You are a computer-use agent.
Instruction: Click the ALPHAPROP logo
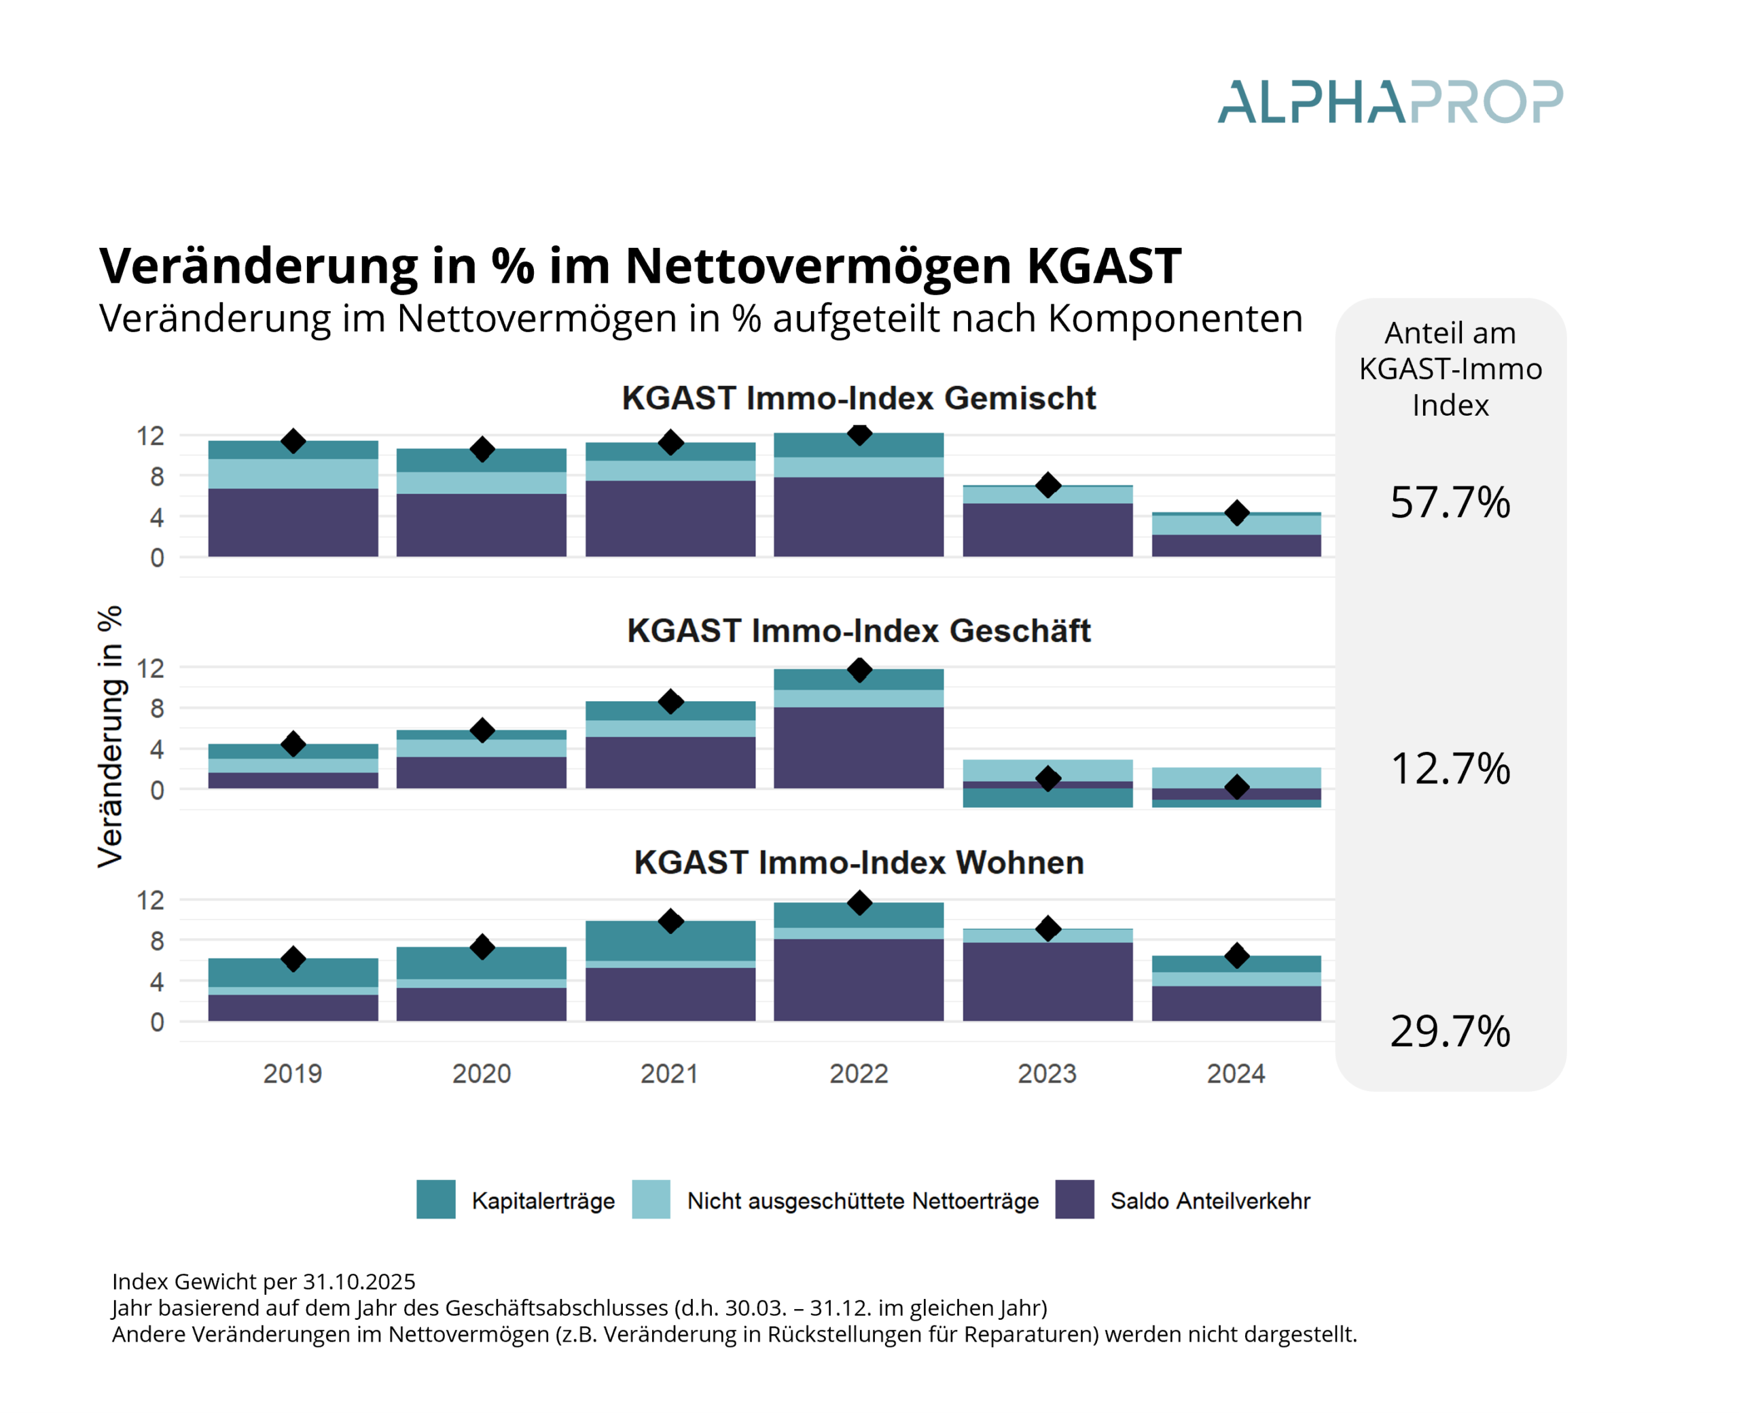1389,102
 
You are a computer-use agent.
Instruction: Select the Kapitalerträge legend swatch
435,1199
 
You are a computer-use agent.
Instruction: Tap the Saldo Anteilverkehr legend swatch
1074,1199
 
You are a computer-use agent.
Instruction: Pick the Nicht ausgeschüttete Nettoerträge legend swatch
651,1199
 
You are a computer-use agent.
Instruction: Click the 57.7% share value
1450,502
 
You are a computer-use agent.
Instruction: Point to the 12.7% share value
1450,768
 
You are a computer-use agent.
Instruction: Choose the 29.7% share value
1450,1031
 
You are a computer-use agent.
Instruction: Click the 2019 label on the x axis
292,1073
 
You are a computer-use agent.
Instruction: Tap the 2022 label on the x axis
859,1073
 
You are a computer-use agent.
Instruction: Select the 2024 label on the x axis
1235,1073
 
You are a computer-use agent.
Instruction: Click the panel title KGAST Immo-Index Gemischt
859,398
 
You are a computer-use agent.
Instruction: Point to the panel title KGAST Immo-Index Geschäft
859,631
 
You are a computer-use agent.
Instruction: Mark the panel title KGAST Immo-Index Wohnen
859,863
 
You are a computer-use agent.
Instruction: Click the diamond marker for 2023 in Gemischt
1048,485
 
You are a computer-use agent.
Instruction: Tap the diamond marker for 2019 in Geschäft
293,744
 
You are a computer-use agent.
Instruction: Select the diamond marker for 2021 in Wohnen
670,921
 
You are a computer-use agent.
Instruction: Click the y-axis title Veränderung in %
110,736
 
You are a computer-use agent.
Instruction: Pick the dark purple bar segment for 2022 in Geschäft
859,747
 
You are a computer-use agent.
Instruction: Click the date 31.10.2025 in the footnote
359,1282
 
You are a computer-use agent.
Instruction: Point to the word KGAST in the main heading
1103,266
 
